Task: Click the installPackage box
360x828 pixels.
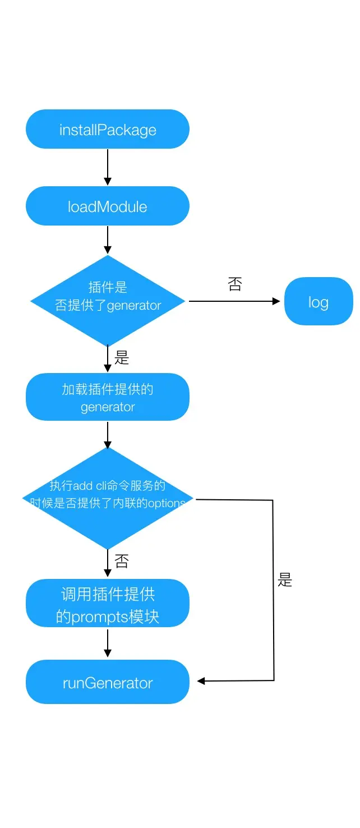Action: pyautogui.click(x=108, y=130)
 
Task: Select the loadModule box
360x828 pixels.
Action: pyautogui.click(x=108, y=206)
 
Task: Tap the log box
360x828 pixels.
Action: pyautogui.click(x=319, y=302)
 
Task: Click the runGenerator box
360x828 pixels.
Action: pyautogui.click(x=108, y=682)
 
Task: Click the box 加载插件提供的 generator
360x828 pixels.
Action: pyautogui.click(x=108, y=397)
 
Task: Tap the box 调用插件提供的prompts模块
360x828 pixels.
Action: pyautogui.click(x=108, y=604)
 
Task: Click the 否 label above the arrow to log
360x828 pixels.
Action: pyautogui.click(x=235, y=284)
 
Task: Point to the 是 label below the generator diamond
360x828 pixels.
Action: pyautogui.click(x=122, y=358)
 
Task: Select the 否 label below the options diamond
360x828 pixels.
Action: pyautogui.click(x=122, y=561)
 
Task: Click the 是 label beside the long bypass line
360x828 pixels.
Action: pyautogui.click(x=285, y=579)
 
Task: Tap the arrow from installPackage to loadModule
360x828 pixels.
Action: pyautogui.click(x=108, y=167)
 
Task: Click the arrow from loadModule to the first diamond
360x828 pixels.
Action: pyautogui.click(x=108, y=240)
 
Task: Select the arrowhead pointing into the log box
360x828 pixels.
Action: pyautogui.click(x=276, y=301)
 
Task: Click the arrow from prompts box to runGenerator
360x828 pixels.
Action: pyautogui.click(x=108, y=643)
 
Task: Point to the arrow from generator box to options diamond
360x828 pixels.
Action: pyautogui.click(x=108, y=434)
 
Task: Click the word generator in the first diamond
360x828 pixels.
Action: pyautogui.click(x=134, y=306)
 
